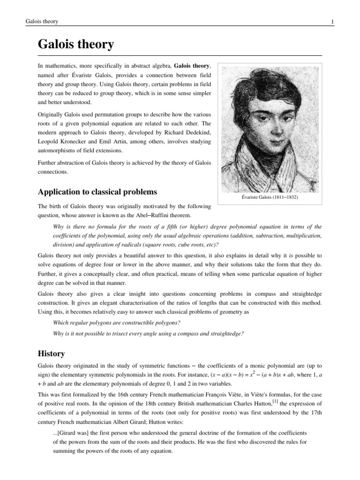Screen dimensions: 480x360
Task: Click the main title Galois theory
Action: (x=75, y=45)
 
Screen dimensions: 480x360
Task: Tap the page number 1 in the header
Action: (x=332, y=22)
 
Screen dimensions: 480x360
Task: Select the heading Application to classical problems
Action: (x=97, y=192)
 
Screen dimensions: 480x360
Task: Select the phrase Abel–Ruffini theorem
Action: (x=161, y=216)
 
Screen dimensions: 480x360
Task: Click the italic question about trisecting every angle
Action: (x=149, y=333)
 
